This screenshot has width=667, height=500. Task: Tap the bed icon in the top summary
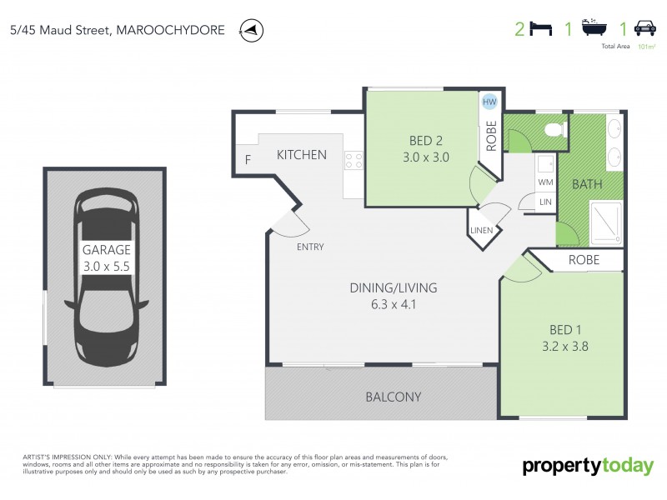click(x=541, y=30)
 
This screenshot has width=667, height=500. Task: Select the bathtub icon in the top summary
click(x=593, y=30)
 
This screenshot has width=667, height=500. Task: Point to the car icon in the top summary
click(x=644, y=30)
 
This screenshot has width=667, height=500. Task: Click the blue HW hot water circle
click(x=489, y=102)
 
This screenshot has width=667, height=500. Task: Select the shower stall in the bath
click(x=605, y=222)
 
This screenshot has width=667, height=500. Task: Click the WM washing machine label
click(x=546, y=181)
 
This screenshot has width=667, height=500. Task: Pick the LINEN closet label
click(x=482, y=230)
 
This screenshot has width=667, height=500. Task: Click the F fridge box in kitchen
click(x=248, y=160)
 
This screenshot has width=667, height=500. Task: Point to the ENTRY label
click(x=310, y=247)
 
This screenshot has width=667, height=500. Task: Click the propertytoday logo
click(x=588, y=466)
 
